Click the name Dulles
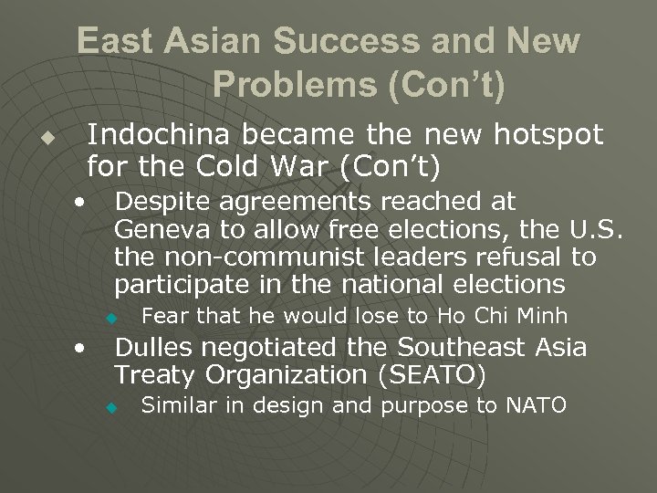pos(149,348)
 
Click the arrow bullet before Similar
pos(109,406)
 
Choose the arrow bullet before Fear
pos(109,319)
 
